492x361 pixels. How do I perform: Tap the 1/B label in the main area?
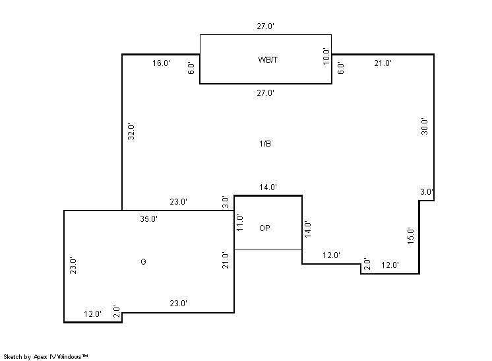coord(265,143)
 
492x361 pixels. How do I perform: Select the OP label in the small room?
coord(264,228)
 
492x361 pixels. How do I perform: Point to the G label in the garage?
coord(143,262)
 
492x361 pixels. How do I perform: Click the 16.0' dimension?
coord(162,63)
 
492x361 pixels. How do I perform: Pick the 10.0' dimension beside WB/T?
coord(325,56)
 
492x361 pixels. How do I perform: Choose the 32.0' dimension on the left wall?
coord(131,132)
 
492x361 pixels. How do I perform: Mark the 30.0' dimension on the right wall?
coord(425,126)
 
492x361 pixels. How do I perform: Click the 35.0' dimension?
coord(148,218)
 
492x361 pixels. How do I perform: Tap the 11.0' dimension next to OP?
coord(240,222)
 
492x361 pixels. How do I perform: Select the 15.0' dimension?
coord(410,235)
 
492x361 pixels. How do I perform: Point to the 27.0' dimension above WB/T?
coord(265,26)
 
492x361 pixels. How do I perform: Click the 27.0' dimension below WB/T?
coord(265,93)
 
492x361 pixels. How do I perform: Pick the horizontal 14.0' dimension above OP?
coord(268,187)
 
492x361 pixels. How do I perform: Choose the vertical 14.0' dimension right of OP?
coord(307,228)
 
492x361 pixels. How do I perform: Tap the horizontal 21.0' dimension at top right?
coord(383,63)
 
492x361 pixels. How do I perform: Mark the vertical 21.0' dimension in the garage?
coord(226,260)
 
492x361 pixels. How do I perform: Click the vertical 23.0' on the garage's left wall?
coord(73,265)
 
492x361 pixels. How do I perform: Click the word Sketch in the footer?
coord(13,356)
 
